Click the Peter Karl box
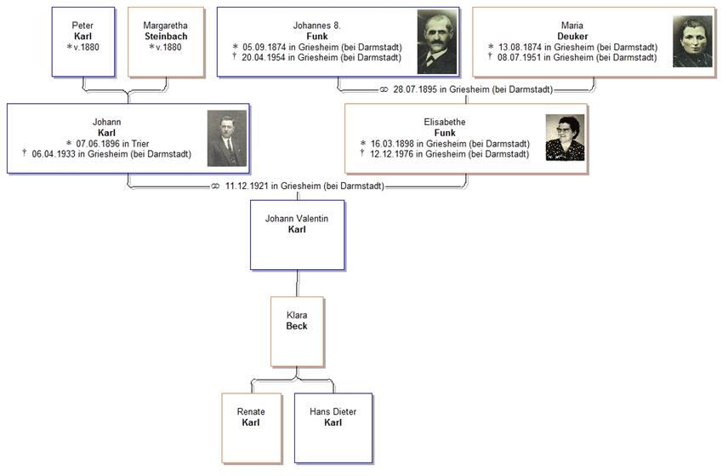pyautogui.click(x=82, y=42)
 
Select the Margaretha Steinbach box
pyautogui.click(x=165, y=42)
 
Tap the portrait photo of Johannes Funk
pyautogui.click(x=437, y=42)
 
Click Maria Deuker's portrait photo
pyautogui.click(x=692, y=42)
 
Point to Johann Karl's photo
pyautogui.click(x=226, y=138)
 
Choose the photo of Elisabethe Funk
pyautogui.click(x=565, y=138)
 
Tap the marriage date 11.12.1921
pyautogui.click(x=247, y=186)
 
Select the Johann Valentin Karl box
pyautogui.click(x=296, y=235)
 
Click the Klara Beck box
pyautogui.click(x=296, y=331)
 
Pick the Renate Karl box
pyautogui.click(x=250, y=427)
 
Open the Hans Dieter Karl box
pyautogui.click(x=333, y=427)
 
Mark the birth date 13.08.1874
pyautogui.click(x=521, y=47)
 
